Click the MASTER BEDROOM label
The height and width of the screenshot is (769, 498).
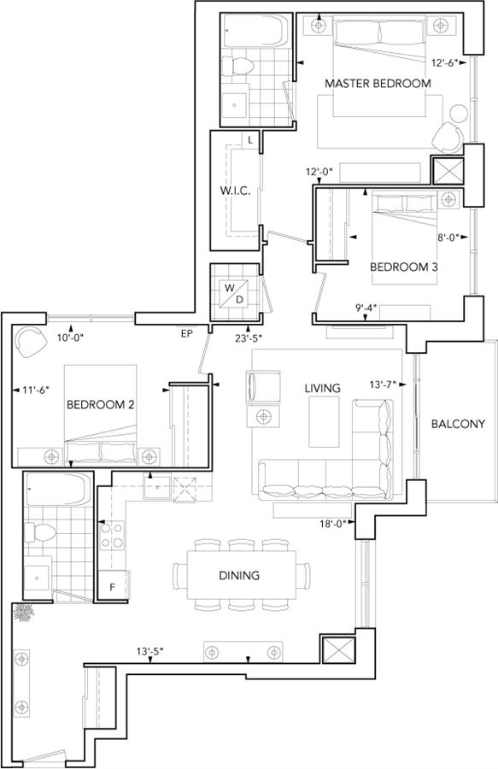pyautogui.click(x=378, y=84)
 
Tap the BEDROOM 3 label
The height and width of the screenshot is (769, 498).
pyautogui.click(x=403, y=267)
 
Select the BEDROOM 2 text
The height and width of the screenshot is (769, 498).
pyautogui.click(x=101, y=405)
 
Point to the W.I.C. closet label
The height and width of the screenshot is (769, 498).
pyautogui.click(x=235, y=191)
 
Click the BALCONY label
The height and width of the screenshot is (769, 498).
pyautogui.click(x=458, y=424)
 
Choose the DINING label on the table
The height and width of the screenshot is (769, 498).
pyautogui.click(x=239, y=575)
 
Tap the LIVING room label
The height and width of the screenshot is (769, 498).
pyautogui.click(x=322, y=388)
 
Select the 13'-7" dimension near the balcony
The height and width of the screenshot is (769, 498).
pyautogui.click(x=384, y=384)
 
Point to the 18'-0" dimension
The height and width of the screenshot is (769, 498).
pyautogui.click(x=333, y=523)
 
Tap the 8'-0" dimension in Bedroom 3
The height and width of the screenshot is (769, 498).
pyautogui.click(x=448, y=238)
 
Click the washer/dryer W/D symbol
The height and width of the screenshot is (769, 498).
pyautogui.click(x=235, y=294)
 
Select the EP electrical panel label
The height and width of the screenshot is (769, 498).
pyautogui.click(x=187, y=334)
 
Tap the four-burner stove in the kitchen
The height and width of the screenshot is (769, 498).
pyautogui.click(x=112, y=536)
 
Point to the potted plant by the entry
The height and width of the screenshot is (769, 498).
pyautogui.click(x=23, y=613)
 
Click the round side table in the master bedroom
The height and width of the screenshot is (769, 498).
pyautogui.click(x=459, y=114)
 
